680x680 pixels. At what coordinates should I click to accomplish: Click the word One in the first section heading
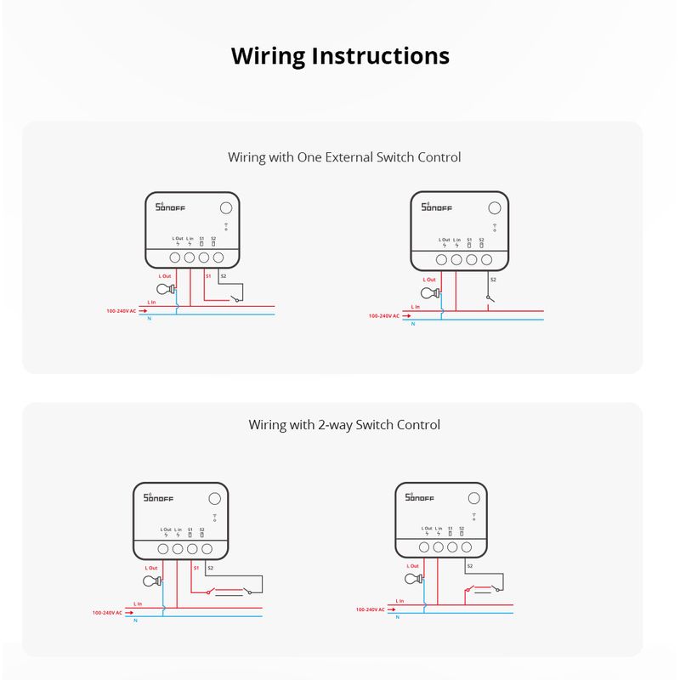click(305, 157)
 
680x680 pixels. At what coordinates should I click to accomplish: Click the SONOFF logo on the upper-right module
click(434, 207)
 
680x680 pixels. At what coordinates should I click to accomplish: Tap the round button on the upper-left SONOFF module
click(227, 208)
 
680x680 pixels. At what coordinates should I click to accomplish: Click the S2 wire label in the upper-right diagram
click(492, 280)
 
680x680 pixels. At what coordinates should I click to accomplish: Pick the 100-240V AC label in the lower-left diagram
click(107, 612)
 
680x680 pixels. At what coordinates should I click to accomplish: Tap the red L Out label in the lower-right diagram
click(412, 565)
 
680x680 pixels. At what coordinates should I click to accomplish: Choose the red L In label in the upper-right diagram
click(415, 307)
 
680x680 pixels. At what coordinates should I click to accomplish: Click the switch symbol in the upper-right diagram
click(488, 297)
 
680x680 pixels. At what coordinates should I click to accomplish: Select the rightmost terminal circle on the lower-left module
click(207, 549)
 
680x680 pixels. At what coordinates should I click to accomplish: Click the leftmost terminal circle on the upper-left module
click(175, 257)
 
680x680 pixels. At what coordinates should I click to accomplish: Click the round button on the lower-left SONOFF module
click(215, 500)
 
